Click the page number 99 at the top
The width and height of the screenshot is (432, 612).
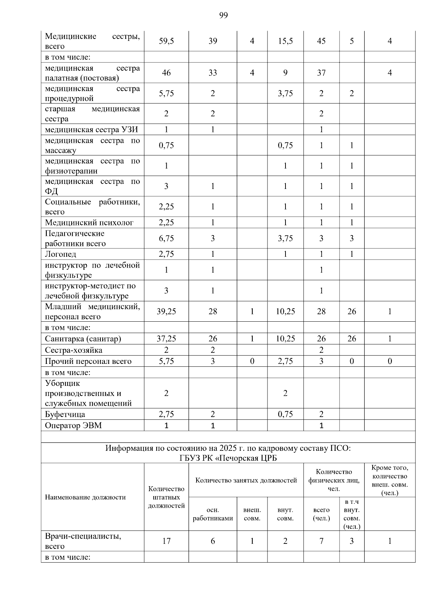point(223,15)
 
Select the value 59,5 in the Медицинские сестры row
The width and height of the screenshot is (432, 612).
point(166,41)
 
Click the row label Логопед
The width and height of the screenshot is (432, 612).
point(60,254)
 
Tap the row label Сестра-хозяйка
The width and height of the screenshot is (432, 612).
point(73,350)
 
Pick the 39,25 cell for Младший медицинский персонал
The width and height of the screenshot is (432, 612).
point(166,312)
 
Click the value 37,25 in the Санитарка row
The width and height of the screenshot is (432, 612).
point(166,339)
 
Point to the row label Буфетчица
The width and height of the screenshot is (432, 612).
point(65,414)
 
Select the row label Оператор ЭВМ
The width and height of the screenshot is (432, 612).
point(73,426)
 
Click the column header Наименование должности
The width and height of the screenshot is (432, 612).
point(85,497)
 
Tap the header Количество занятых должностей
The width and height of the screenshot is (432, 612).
point(246,480)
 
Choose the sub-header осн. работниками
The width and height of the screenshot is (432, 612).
point(213,514)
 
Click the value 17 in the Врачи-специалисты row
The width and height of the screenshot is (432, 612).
point(166,541)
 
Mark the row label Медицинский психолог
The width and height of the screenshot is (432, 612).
point(89,223)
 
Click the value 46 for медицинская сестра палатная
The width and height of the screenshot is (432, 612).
point(166,73)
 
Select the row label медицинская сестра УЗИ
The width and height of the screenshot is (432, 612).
point(91,130)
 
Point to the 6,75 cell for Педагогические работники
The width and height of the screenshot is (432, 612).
point(166,238)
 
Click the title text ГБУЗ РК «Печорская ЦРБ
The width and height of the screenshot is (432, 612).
point(228,458)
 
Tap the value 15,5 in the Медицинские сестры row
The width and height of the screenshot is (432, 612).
point(285,41)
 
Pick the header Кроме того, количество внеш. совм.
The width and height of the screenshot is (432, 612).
point(390,480)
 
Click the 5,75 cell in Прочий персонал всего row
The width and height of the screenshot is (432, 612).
point(166,361)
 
